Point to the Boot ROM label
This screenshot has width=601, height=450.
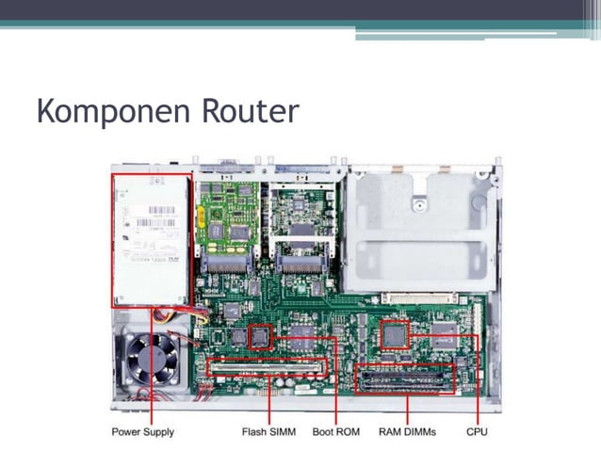click(x=336, y=432)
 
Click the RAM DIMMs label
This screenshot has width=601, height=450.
click(x=407, y=432)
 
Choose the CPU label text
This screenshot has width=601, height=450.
click(x=477, y=432)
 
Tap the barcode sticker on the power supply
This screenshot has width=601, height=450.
click(x=151, y=224)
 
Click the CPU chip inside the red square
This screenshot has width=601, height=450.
click(x=396, y=333)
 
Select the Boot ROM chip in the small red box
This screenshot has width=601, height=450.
click(x=259, y=336)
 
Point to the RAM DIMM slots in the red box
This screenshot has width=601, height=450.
click(x=405, y=378)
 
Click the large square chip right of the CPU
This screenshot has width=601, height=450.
click(x=442, y=335)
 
